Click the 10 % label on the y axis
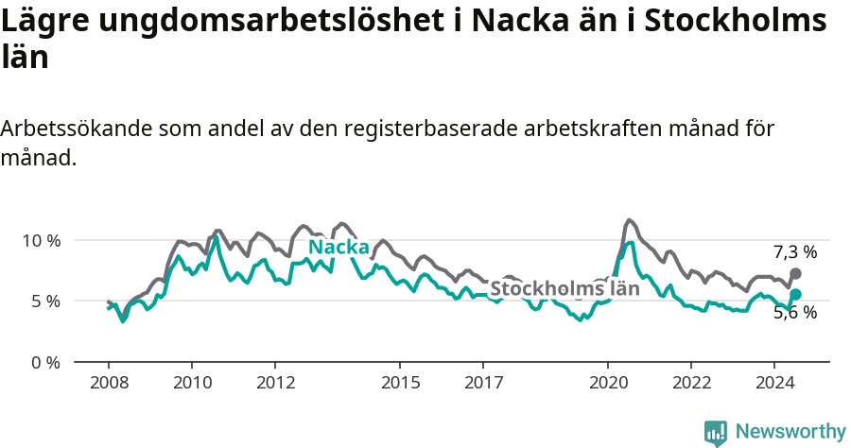(x=41, y=240)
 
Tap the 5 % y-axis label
(x=45, y=302)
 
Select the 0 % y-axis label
(x=45, y=362)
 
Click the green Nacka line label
(x=339, y=248)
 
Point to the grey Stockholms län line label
(x=564, y=288)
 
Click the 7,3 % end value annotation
(x=794, y=252)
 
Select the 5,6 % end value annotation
(x=794, y=313)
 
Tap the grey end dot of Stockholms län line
(x=795, y=273)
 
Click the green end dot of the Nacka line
(x=795, y=295)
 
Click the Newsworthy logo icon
(x=716, y=432)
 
